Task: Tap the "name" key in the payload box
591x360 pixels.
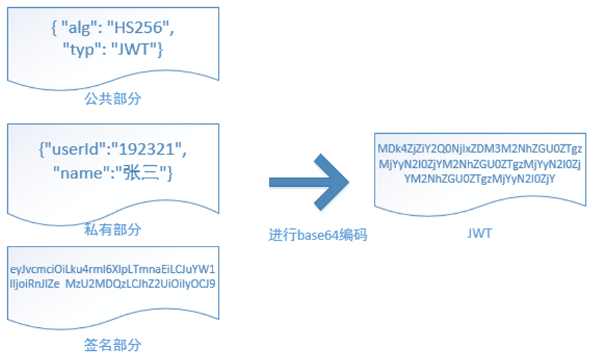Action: click(77, 173)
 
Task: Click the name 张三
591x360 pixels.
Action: click(145, 173)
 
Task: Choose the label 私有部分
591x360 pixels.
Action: click(113, 230)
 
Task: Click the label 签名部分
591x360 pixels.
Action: click(113, 345)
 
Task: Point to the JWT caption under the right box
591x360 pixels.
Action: click(479, 233)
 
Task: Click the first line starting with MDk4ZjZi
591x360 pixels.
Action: click(479, 149)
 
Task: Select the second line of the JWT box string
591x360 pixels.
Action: click(479, 163)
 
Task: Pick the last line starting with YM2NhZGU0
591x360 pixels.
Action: click(479, 178)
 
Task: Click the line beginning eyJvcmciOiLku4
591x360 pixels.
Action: click(113, 270)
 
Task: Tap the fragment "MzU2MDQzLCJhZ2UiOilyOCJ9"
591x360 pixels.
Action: click(140, 284)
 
